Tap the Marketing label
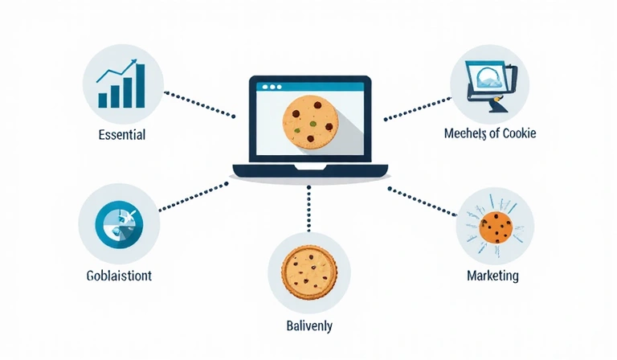[x=492, y=276]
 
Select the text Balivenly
[x=309, y=327]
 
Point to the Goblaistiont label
[x=119, y=276]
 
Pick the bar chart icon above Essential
[x=122, y=84]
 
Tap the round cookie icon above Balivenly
[x=308, y=272]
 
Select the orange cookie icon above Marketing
[x=496, y=228]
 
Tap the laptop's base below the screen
[x=309, y=170]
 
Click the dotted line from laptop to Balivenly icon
[x=308, y=211]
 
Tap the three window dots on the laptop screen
[x=270, y=85]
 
